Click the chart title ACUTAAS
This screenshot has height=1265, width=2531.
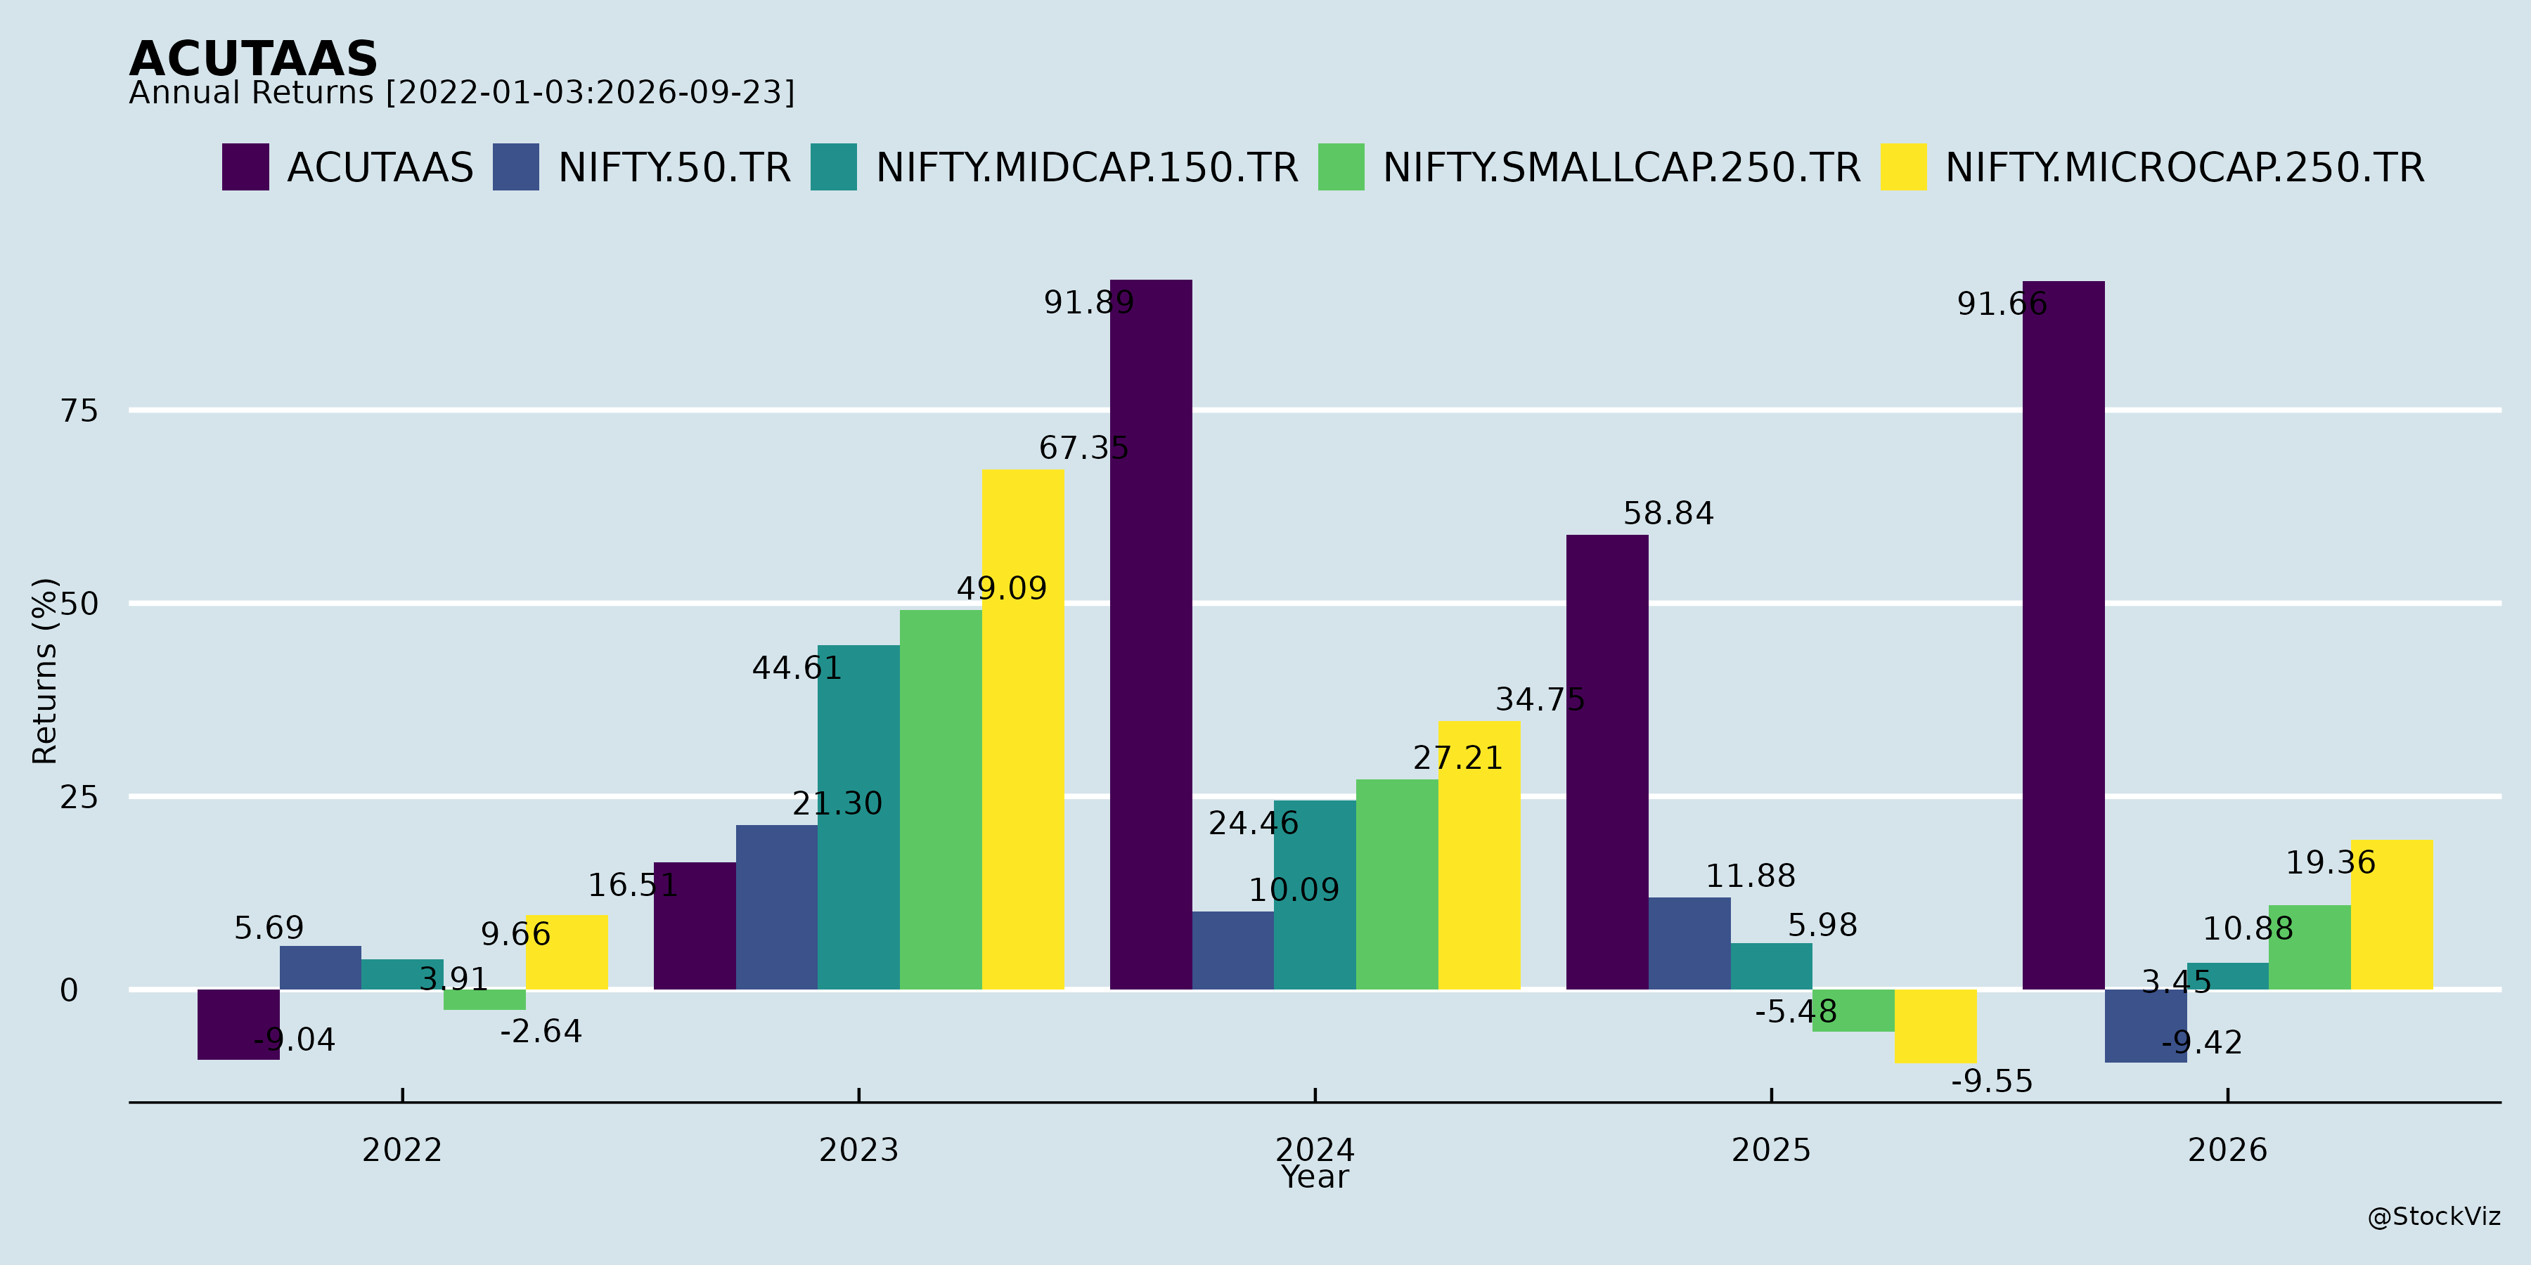[x=254, y=59]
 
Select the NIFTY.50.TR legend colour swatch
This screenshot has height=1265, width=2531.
[x=516, y=167]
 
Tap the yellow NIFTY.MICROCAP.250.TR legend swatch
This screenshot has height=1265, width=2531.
[x=1903, y=167]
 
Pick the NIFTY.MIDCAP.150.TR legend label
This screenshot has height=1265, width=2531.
[x=1087, y=168]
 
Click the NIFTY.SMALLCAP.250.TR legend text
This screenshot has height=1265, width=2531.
[x=1622, y=168]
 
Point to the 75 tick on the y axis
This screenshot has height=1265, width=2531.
[x=79, y=410]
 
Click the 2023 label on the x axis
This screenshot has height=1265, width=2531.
[x=858, y=1149]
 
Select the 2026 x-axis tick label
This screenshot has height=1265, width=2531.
[x=2227, y=1149]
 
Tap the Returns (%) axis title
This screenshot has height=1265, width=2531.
[x=45, y=671]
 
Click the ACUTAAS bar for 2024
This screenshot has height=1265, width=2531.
[x=1150, y=635]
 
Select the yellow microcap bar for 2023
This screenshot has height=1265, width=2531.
[x=1023, y=729]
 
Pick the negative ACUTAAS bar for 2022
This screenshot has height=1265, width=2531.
[x=239, y=1025]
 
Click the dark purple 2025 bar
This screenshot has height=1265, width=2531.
[x=1607, y=762]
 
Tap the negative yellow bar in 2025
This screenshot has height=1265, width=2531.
[x=1936, y=1026]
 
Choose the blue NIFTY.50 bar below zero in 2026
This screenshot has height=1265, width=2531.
[x=2146, y=1025]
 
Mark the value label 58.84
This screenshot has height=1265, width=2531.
[x=1668, y=514]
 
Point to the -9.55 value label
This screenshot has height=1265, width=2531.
[x=1992, y=1082]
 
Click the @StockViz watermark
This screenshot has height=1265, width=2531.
[x=2435, y=1217]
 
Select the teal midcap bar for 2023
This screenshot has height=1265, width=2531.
[x=858, y=817]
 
